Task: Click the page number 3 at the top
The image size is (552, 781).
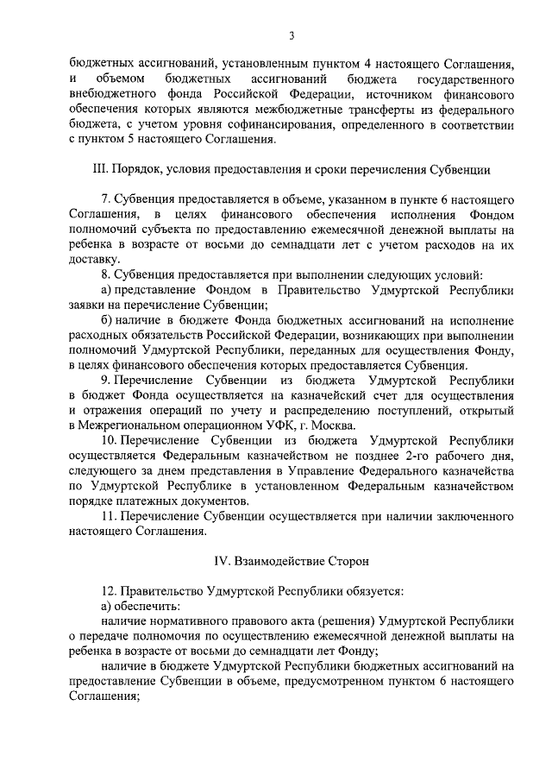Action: pyautogui.click(x=292, y=35)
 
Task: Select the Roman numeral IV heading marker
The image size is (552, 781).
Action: pyautogui.click(x=222, y=561)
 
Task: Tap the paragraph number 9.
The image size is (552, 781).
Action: pyautogui.click(x=104, y=379)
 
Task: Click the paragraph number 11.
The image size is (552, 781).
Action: pyautogui.click(x=108, y=515)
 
